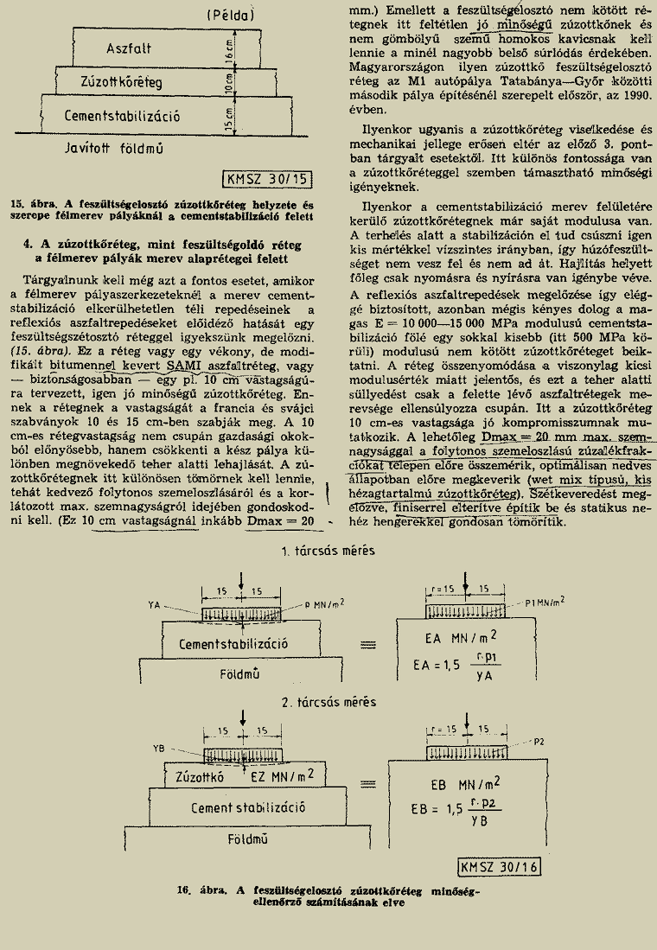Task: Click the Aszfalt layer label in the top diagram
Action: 130,49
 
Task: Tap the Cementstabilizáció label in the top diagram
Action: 121,115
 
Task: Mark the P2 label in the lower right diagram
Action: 538,742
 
